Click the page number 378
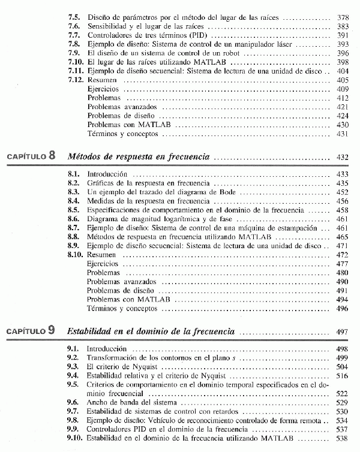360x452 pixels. (343, 19)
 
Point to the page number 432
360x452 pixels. (343, 157)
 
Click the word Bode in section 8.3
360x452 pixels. (208, 192)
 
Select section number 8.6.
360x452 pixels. (75, 219)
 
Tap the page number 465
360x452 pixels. (343, 237)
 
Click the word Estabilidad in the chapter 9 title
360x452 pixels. (90, 331)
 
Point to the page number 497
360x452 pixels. (343, 331)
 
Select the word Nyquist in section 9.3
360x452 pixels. (134, 366)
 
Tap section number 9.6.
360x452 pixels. (75, 402)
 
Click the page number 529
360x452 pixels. (343, 402)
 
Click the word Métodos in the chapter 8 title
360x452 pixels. (85, 157)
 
